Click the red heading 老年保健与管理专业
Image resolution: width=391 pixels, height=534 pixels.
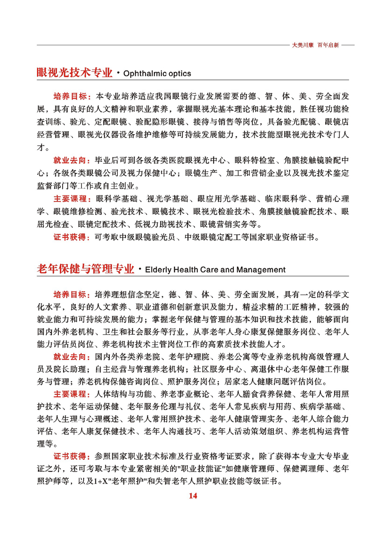[85, 269]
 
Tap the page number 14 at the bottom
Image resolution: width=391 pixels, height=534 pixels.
[194, 496]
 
